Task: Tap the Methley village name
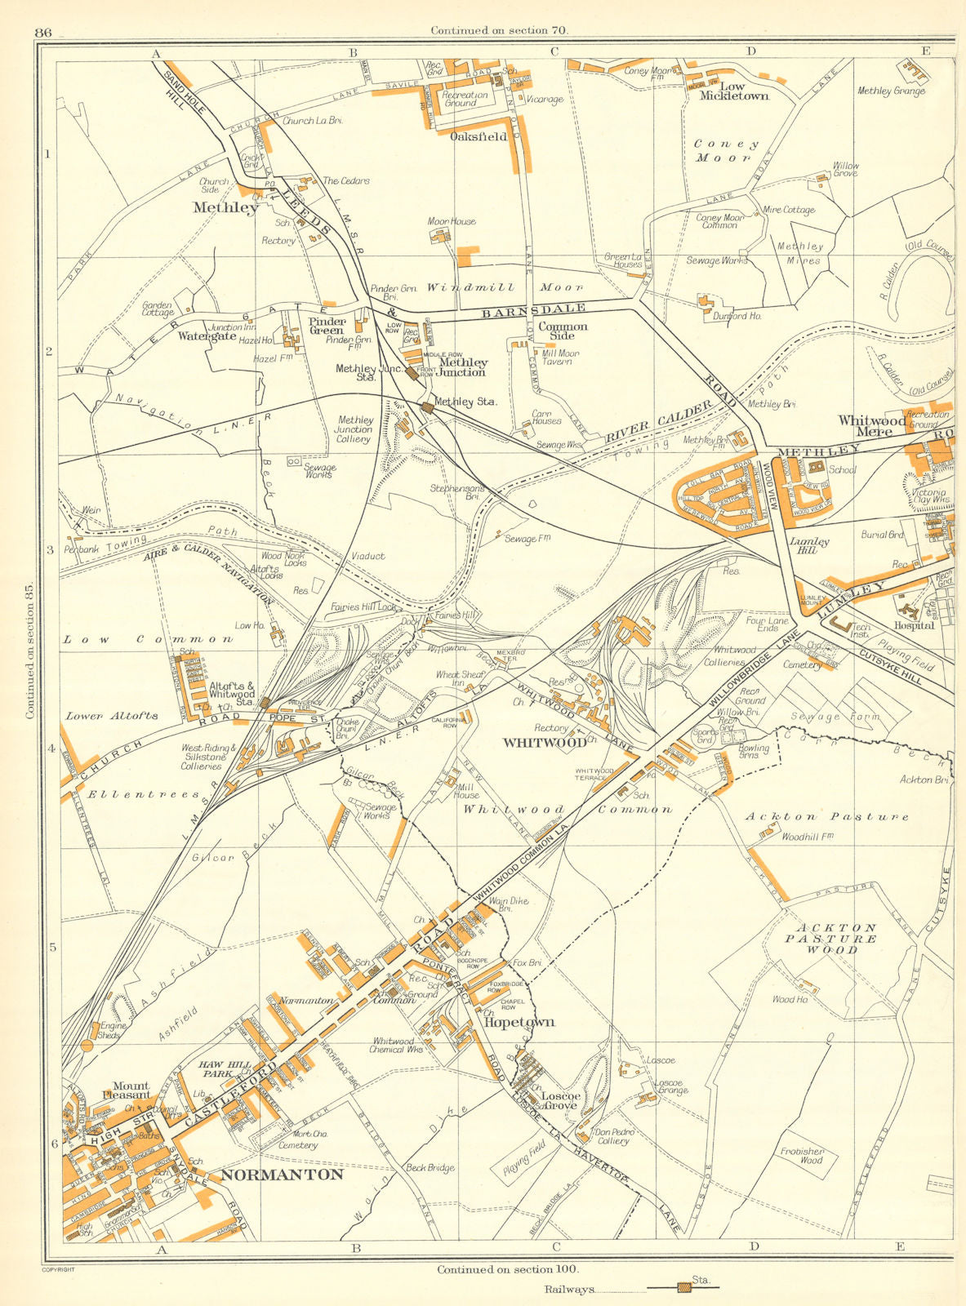(225, 207)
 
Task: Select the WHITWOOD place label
(544, 743)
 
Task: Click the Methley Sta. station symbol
(427, 406)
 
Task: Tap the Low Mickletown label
(733, 91)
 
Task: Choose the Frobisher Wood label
(801, 1155)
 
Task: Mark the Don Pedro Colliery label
(613, 1137)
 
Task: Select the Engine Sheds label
(109, 1030)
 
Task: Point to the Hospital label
(914, 626)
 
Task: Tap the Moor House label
(452, 221)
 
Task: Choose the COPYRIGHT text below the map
(57, 1269)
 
